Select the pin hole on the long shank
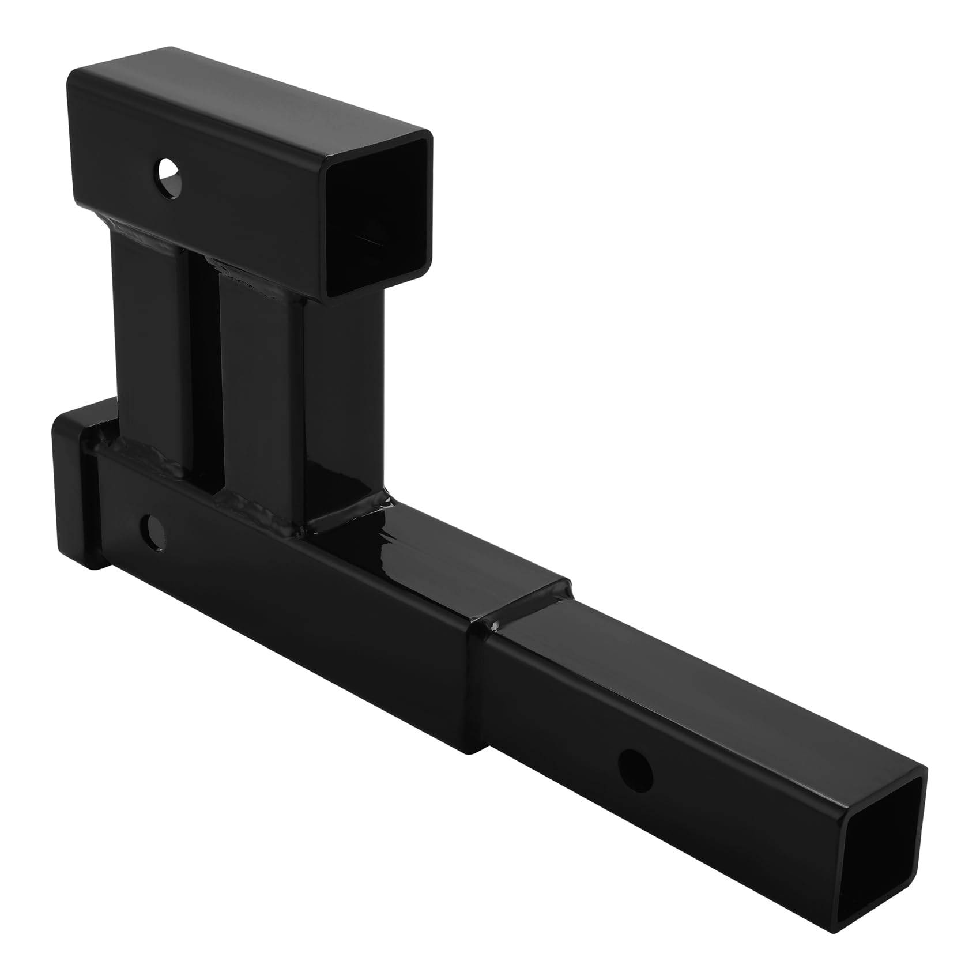(x=635, y=766)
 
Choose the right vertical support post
(x=259, y=392)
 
